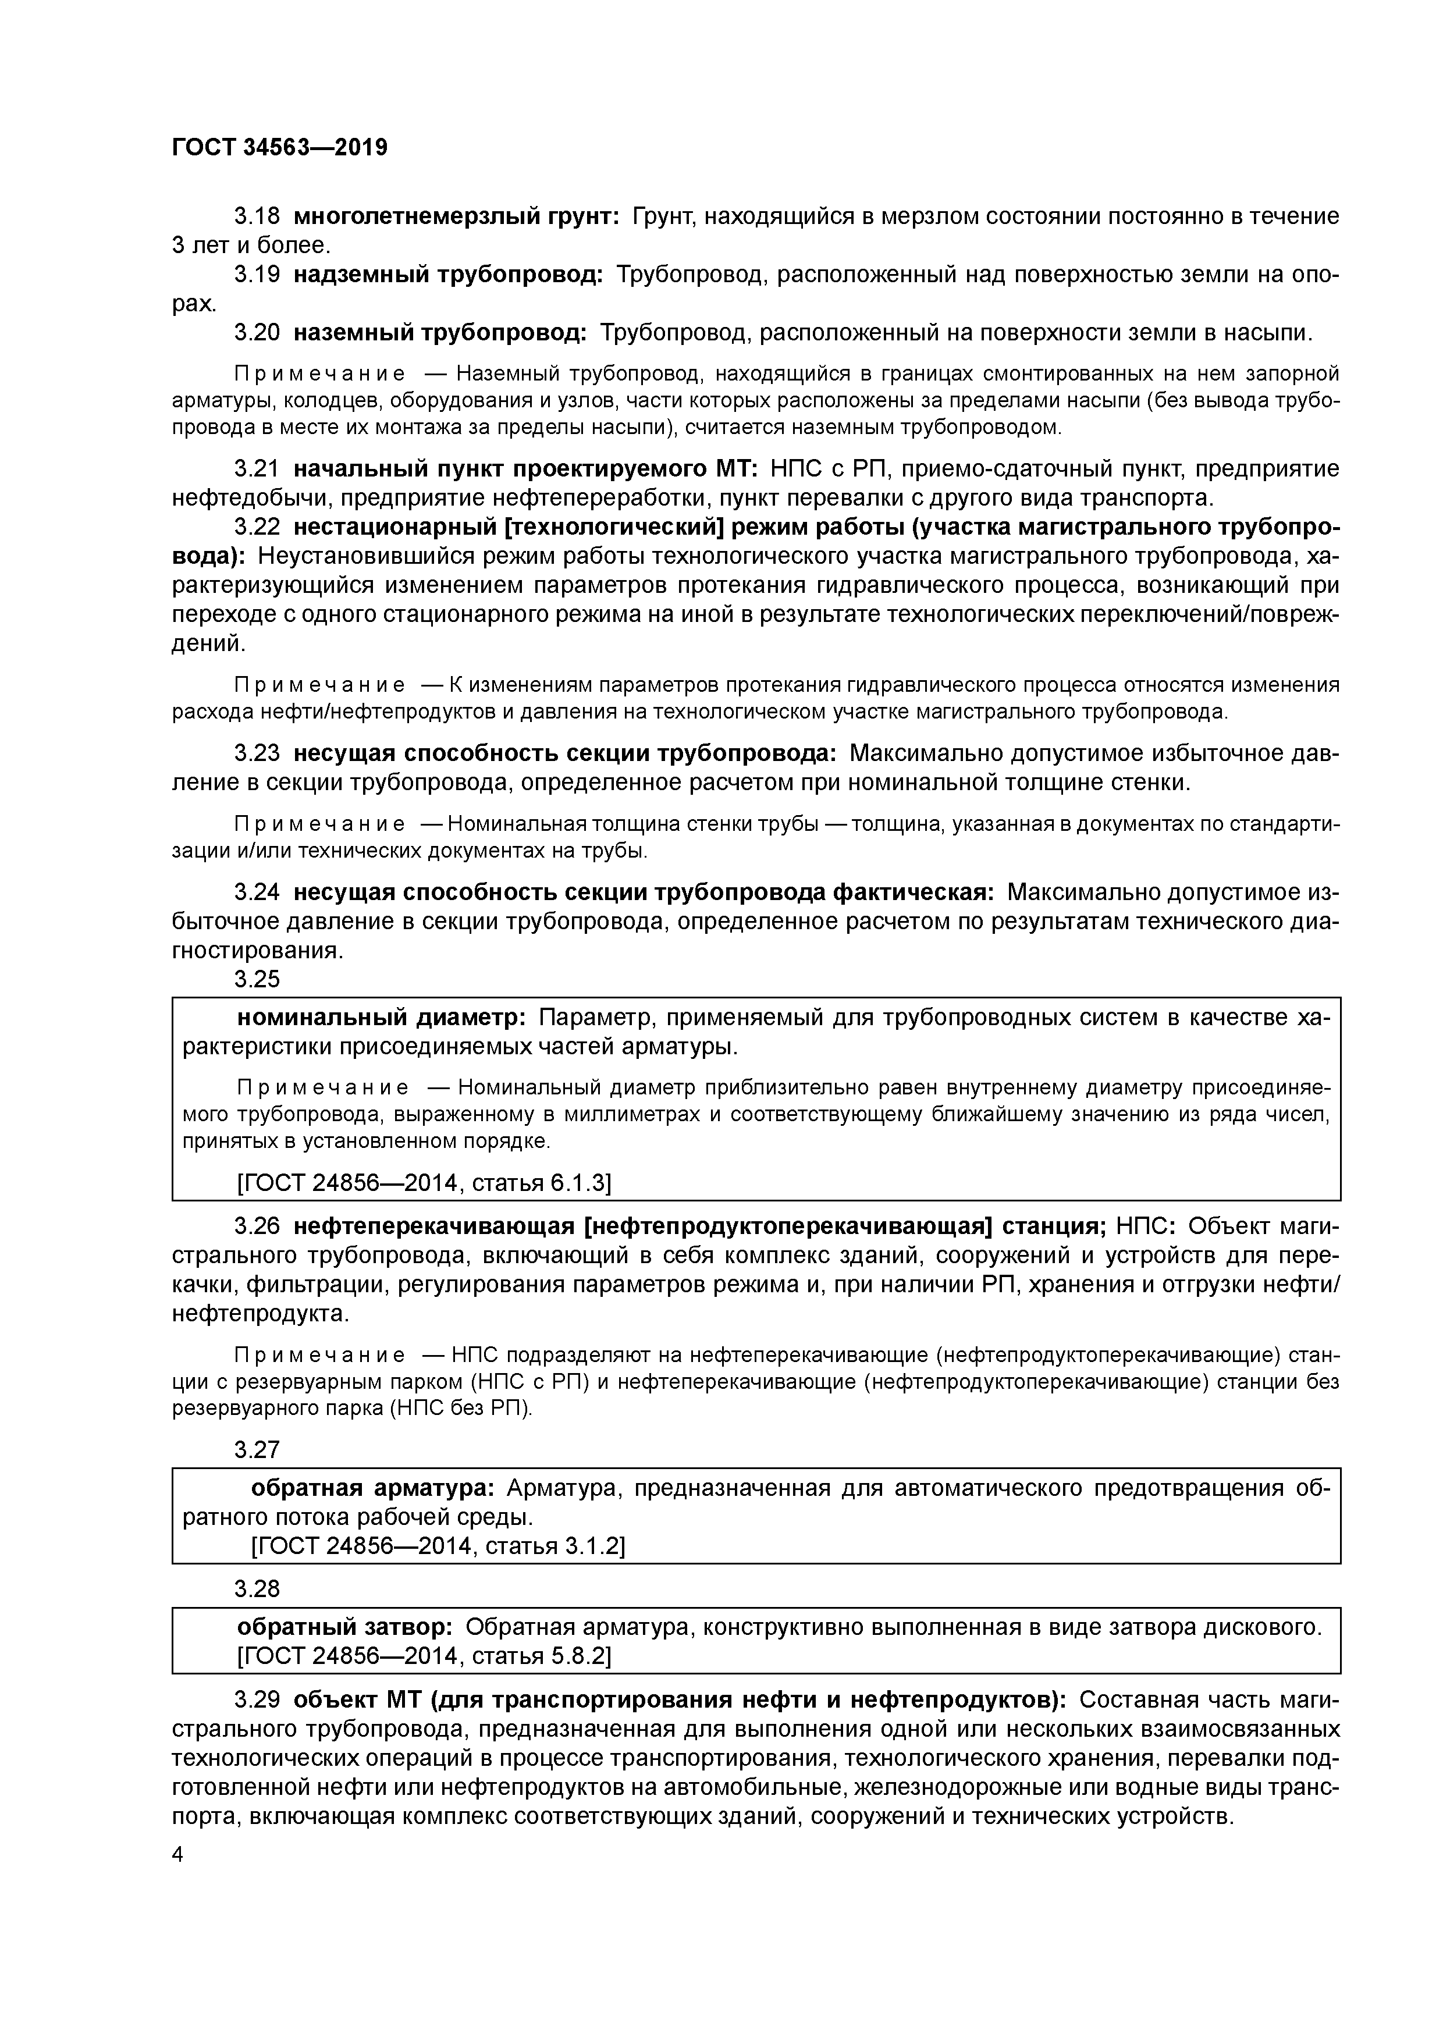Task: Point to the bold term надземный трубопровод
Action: pyautogui.click(x=448, y=275)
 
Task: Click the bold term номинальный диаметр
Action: pyautogui.click(x=382, y=1017)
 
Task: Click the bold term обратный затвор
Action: pyautogui.click(x=345, y=1627)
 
